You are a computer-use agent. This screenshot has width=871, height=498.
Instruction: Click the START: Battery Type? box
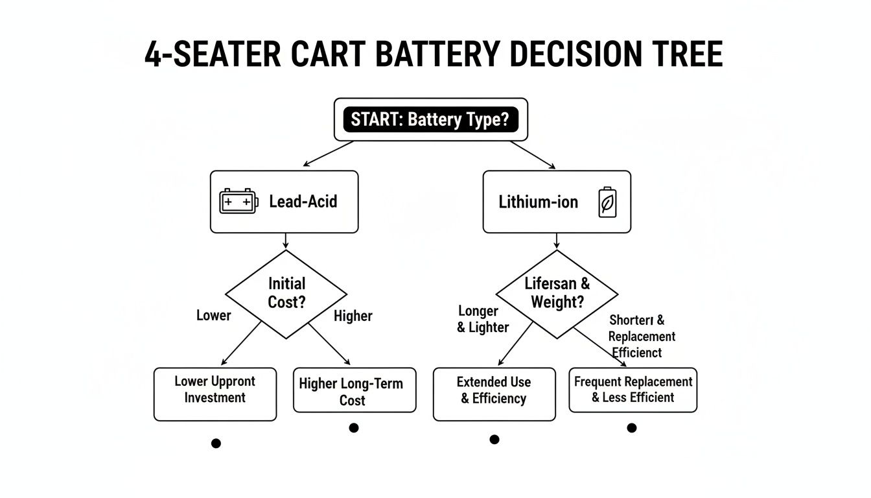pyautogui.click(x=430, y=120)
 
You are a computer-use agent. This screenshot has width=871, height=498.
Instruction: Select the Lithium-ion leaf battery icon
pyautogui.click(x=608, y=202)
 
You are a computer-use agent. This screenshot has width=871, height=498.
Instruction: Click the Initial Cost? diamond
pyautogui.click(x=286, y=293)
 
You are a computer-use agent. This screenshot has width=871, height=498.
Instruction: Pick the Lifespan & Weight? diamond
pyautogui.click(x=557, y=293)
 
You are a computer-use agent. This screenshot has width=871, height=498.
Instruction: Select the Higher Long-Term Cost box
pyautogui.click(x=354, y=391)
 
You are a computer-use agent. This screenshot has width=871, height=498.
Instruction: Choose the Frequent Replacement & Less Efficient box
pyautogui.click(x=633, y=390)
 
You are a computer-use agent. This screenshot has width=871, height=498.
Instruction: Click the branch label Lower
pyautogui.click(x=213, y=316)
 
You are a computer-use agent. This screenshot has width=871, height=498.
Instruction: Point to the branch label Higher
pyautogui.click(x=353, y=316)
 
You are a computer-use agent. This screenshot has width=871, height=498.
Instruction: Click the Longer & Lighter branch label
pyautogui.click(x=483, y=320)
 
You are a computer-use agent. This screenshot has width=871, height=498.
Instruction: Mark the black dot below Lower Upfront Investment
pyautogui.click(x=216, y=444)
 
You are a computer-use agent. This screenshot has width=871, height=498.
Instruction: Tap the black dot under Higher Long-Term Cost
pyautogui.click(x=353, y=428)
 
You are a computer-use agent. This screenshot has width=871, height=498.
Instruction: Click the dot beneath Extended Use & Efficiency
pyautogui.click(x=494, y=440)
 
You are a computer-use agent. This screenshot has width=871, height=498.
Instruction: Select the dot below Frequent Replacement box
pyautogui.click(x=632, y=428)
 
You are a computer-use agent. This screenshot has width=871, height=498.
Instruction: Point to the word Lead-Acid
pyautogui.click(x=303, y=201)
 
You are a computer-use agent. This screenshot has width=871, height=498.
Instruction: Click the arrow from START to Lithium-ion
pyautogui.click(x=533, y=155)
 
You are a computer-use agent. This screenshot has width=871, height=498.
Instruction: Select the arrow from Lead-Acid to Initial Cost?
pyautogui.click(x=286, y=241)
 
